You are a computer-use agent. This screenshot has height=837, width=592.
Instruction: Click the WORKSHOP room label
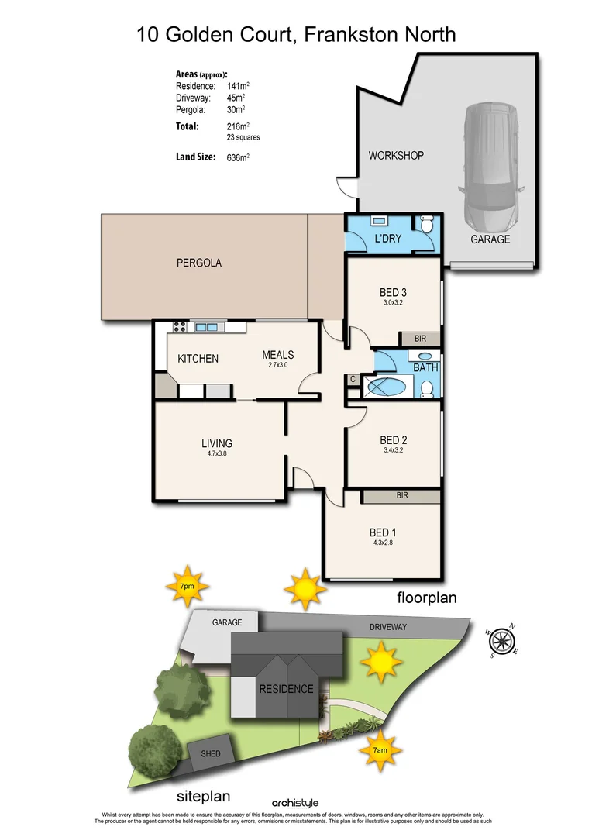click(396, 156)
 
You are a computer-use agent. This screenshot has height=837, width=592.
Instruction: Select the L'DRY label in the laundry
click(387, 239)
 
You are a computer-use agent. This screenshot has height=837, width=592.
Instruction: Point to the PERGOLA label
click(198, 263)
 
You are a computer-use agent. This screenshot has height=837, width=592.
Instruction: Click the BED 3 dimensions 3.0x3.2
click(393, 303)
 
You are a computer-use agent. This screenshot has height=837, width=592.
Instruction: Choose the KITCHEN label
click(198, 359)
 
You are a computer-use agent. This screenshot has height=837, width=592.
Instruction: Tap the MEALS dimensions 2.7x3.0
click(277, 364)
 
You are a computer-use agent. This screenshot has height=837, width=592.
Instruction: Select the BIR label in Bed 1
click(401, 495)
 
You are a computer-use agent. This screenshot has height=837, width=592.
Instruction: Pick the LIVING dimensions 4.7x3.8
click(217, 453)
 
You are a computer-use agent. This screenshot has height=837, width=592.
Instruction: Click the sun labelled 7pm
click(186, 587)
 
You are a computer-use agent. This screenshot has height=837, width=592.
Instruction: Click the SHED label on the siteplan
click(210, 753)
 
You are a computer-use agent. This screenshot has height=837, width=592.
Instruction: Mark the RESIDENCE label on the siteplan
click(286, 689)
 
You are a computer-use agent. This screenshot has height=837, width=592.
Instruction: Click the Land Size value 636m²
click(239, 157)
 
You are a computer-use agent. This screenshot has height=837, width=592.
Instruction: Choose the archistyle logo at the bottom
click(295, 803)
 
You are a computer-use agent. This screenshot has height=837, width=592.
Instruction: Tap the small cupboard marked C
click(353, 379)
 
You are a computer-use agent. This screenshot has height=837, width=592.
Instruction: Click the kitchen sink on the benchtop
click(207, 328)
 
